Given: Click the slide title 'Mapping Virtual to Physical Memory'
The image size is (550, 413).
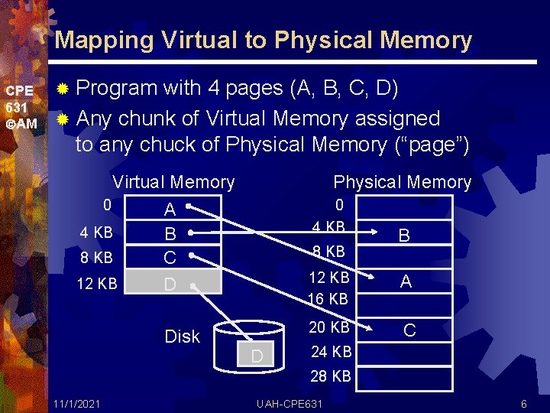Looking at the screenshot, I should [x=264, y=40].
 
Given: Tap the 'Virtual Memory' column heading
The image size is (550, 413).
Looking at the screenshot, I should [x=173, y=182].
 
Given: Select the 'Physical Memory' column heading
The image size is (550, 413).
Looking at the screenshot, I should [x=403, y=182].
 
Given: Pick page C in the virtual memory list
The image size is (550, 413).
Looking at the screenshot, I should [x=170, y=258].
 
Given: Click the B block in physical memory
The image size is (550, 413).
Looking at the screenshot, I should [x=404, y=236].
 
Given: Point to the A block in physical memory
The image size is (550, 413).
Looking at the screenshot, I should [x=406, y=281].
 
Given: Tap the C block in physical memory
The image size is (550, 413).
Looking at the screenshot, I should [x=409, y=330].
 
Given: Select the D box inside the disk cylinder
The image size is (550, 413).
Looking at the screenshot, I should [x=257, y=356].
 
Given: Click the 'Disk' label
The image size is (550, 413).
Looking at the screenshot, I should [x=182, y=337].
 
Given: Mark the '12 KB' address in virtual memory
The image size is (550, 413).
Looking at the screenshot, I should [x=97, y=284].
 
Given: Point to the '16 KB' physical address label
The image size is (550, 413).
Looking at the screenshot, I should [x=328, y=298].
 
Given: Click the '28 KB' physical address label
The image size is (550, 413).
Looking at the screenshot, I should [x=331, y=376].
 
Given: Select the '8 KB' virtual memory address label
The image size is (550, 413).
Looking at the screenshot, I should [x=97, y=258].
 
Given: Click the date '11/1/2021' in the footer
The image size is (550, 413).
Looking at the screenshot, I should [x=75, y=403].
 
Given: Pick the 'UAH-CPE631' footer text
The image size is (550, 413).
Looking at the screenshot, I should [x=290, y=403].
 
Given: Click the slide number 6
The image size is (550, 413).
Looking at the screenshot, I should [x=523, y=403].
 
